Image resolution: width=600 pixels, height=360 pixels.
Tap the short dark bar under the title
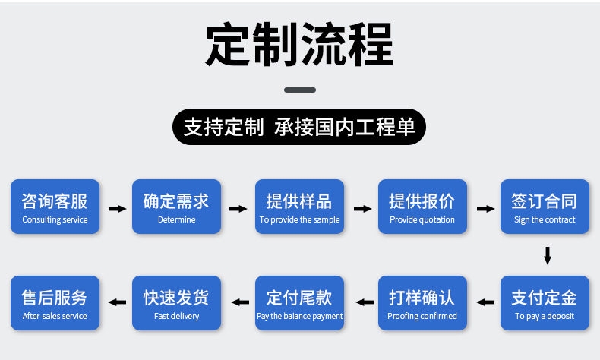[x=300, y=90]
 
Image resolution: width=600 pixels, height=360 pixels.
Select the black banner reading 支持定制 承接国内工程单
[x=300, y=127]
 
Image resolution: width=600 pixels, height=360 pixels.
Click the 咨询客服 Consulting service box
[x=55, y=207]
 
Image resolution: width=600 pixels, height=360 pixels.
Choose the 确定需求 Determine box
[x=176, y=207]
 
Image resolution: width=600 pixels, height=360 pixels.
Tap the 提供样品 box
[x=299, y=207]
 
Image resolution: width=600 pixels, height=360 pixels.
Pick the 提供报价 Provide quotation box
[x=422, y=207]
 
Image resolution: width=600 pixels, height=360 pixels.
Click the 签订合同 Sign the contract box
[x=545, y=207]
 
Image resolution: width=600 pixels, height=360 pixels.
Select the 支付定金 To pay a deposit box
[x=545, y=302]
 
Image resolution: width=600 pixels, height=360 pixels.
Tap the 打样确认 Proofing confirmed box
[x=422, y=302]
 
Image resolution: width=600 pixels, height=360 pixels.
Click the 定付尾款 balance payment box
[x=299, y=302]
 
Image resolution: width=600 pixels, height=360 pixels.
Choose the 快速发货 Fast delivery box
[x=176, y=302]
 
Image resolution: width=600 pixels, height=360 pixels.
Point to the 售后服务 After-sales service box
[x=55, y=302]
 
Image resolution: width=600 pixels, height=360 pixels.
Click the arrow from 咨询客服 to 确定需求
[x=117, y=208]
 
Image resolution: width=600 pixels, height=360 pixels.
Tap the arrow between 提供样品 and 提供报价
[x=362, y=208]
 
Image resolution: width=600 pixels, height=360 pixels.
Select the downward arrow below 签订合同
[x=547, y=255]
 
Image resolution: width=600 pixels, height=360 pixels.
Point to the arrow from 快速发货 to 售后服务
[x=117, y=302]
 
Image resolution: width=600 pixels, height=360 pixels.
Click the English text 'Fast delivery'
[x=176, y=316]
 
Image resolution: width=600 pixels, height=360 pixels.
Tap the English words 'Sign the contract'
[x=545, y=220]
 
